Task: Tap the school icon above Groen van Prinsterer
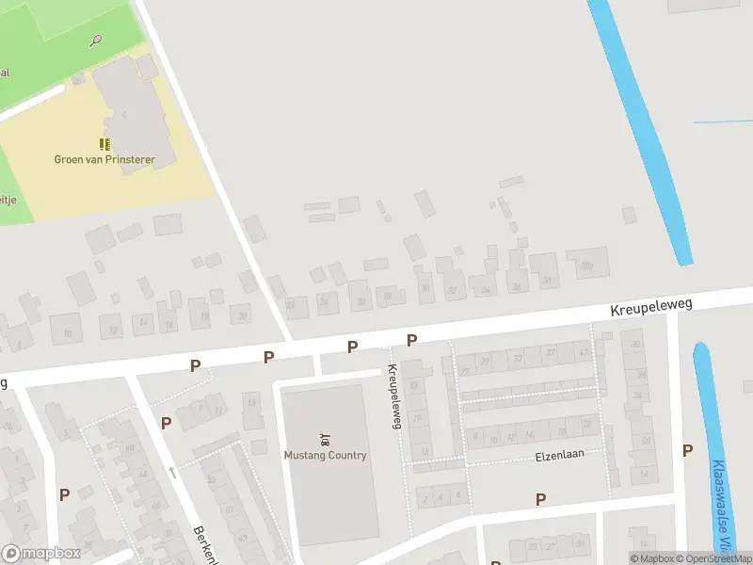tap(104, 143)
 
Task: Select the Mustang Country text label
tap(325, 455)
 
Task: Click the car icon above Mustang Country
tap(325, 440)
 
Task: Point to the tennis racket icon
tap(95, 40)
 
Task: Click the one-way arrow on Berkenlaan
tap(171, 472)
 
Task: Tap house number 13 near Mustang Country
tap(249, 401)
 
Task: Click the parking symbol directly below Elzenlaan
tap(540, 499)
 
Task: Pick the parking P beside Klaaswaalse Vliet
tap(687, 450)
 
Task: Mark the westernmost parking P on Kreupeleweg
tap(196, 365)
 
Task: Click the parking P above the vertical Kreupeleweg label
tap(411, 340)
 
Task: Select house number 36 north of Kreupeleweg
tap(516, 287)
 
